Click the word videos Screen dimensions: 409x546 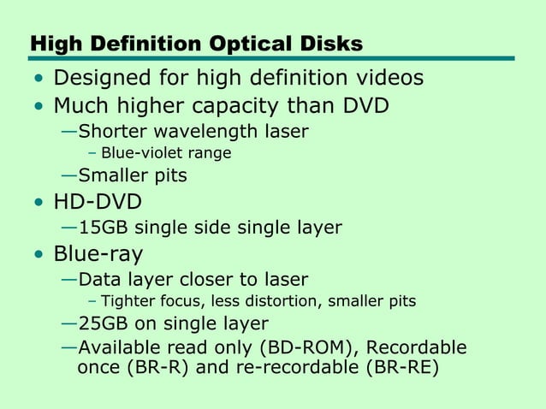pos(382,79)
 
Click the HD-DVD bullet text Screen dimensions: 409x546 pos(97,203)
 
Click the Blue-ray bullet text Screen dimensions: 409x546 pos(98,254)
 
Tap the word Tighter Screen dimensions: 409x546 pos(128,301)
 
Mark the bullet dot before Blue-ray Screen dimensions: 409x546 pos(38,256)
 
